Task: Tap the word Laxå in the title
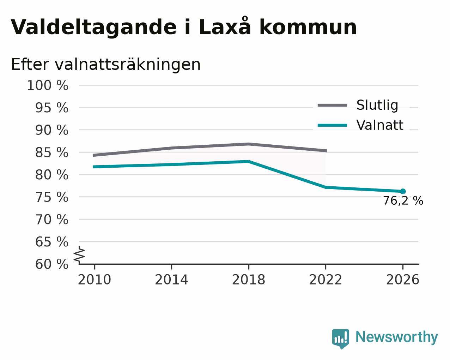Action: [225, 26]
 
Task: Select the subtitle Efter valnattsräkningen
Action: [106, 65]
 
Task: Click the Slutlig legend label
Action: [377, 105]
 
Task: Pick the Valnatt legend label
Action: [380, 125]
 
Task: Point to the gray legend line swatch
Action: [332, 105]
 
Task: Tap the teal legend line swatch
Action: [332, 125]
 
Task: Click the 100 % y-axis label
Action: [48, 85]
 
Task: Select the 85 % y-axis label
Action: [51, 152]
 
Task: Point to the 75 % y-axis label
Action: [51, 197]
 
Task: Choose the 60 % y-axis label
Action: [51, 264]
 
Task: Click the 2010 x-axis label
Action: [94, 280]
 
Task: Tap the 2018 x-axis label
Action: [248, 280]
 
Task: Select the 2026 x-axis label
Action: [402, 280]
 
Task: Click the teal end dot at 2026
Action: [403, 191]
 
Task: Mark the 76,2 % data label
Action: [403, 201]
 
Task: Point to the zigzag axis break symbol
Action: [79, 255]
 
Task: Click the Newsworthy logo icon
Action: [340, 339]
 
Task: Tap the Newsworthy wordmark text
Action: [397, 337]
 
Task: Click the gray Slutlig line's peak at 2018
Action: [248, 144]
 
